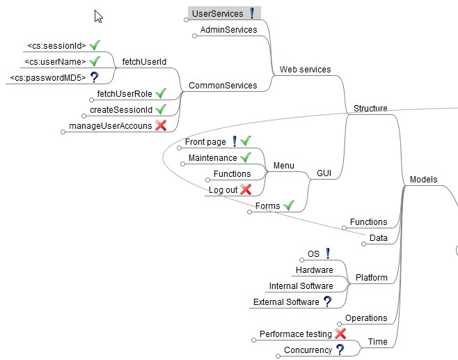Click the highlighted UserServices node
(x=217, y=13)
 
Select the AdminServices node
(x=228, y=30)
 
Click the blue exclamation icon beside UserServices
(x=252, y=13)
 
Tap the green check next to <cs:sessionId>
(x=95, y=45)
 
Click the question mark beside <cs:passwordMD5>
(x=93, y=78)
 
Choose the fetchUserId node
(x=144, y=62)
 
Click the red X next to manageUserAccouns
(x=161, y=125)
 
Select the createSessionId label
(x=120, y=110)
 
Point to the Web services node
(x=305, y=70)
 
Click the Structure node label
(x=370, y=108)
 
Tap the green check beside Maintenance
(x=245, y=158)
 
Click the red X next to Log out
(x=245, y=189)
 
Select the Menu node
(x=283, y=166)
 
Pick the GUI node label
(x=324, y=172)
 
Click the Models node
(x=423, y=180)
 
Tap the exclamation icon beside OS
(x=328, y=253)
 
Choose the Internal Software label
(x=301, y=285)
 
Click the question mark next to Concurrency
(x=340, y=350)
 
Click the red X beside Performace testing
(x=340, y=334)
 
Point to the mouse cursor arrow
(x=98, y=16)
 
